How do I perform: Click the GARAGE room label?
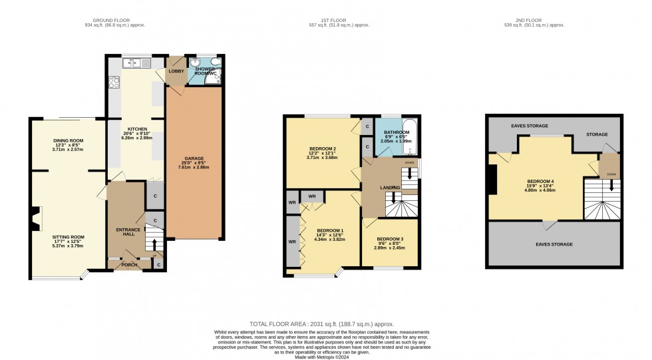[194, 158]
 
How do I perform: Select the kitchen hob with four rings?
[113, 84]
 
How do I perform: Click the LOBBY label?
[176, 71]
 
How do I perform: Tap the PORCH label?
[130, 265]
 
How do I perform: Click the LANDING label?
[390, 188]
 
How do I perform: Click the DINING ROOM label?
[68, 140]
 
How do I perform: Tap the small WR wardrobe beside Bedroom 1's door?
[311, 196]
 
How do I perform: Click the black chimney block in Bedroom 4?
[492, 180]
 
